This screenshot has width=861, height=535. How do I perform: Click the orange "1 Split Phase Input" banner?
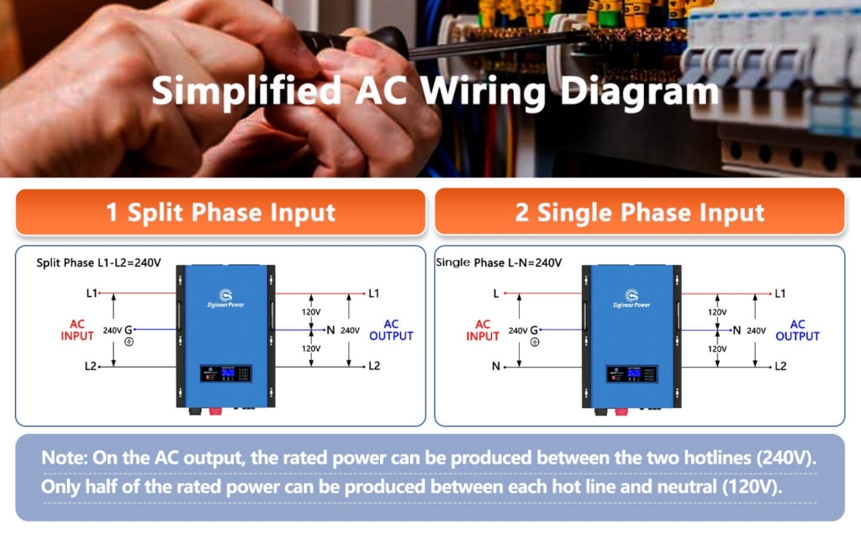[x=220, y=212]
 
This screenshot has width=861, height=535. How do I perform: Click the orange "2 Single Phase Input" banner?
[x=639, y=212]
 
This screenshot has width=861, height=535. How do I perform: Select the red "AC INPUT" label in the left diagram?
[x=77, y=330]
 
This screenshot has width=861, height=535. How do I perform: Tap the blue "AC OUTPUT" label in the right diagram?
[x=797, y=330]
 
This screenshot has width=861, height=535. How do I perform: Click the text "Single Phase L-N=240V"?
[x=499, y=262]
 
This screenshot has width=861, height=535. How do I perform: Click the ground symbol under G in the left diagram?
[x=128, y=342]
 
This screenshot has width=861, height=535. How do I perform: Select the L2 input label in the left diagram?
[x=91, y=366]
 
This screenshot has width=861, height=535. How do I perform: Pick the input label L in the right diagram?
[x=497, y=294]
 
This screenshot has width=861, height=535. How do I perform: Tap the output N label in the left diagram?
[x=330, y=330]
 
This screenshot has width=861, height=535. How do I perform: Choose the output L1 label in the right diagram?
[x=780, y=294]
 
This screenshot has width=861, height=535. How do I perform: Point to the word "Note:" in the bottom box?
[x=65, y=459]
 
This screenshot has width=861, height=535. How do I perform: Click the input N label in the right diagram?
[x=496, y=366]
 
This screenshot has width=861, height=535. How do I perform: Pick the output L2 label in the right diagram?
[x=780, y=366]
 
